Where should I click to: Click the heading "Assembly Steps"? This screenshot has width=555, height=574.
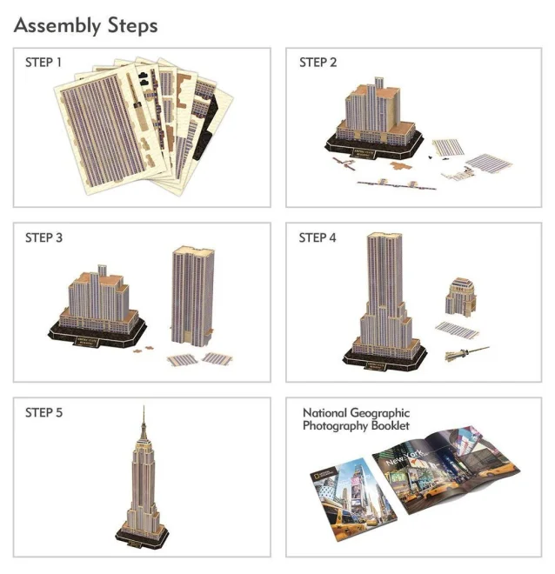(86, 25)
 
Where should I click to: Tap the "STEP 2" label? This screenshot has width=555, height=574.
(318, 63)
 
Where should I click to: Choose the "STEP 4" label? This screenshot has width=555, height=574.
(318, 237)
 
